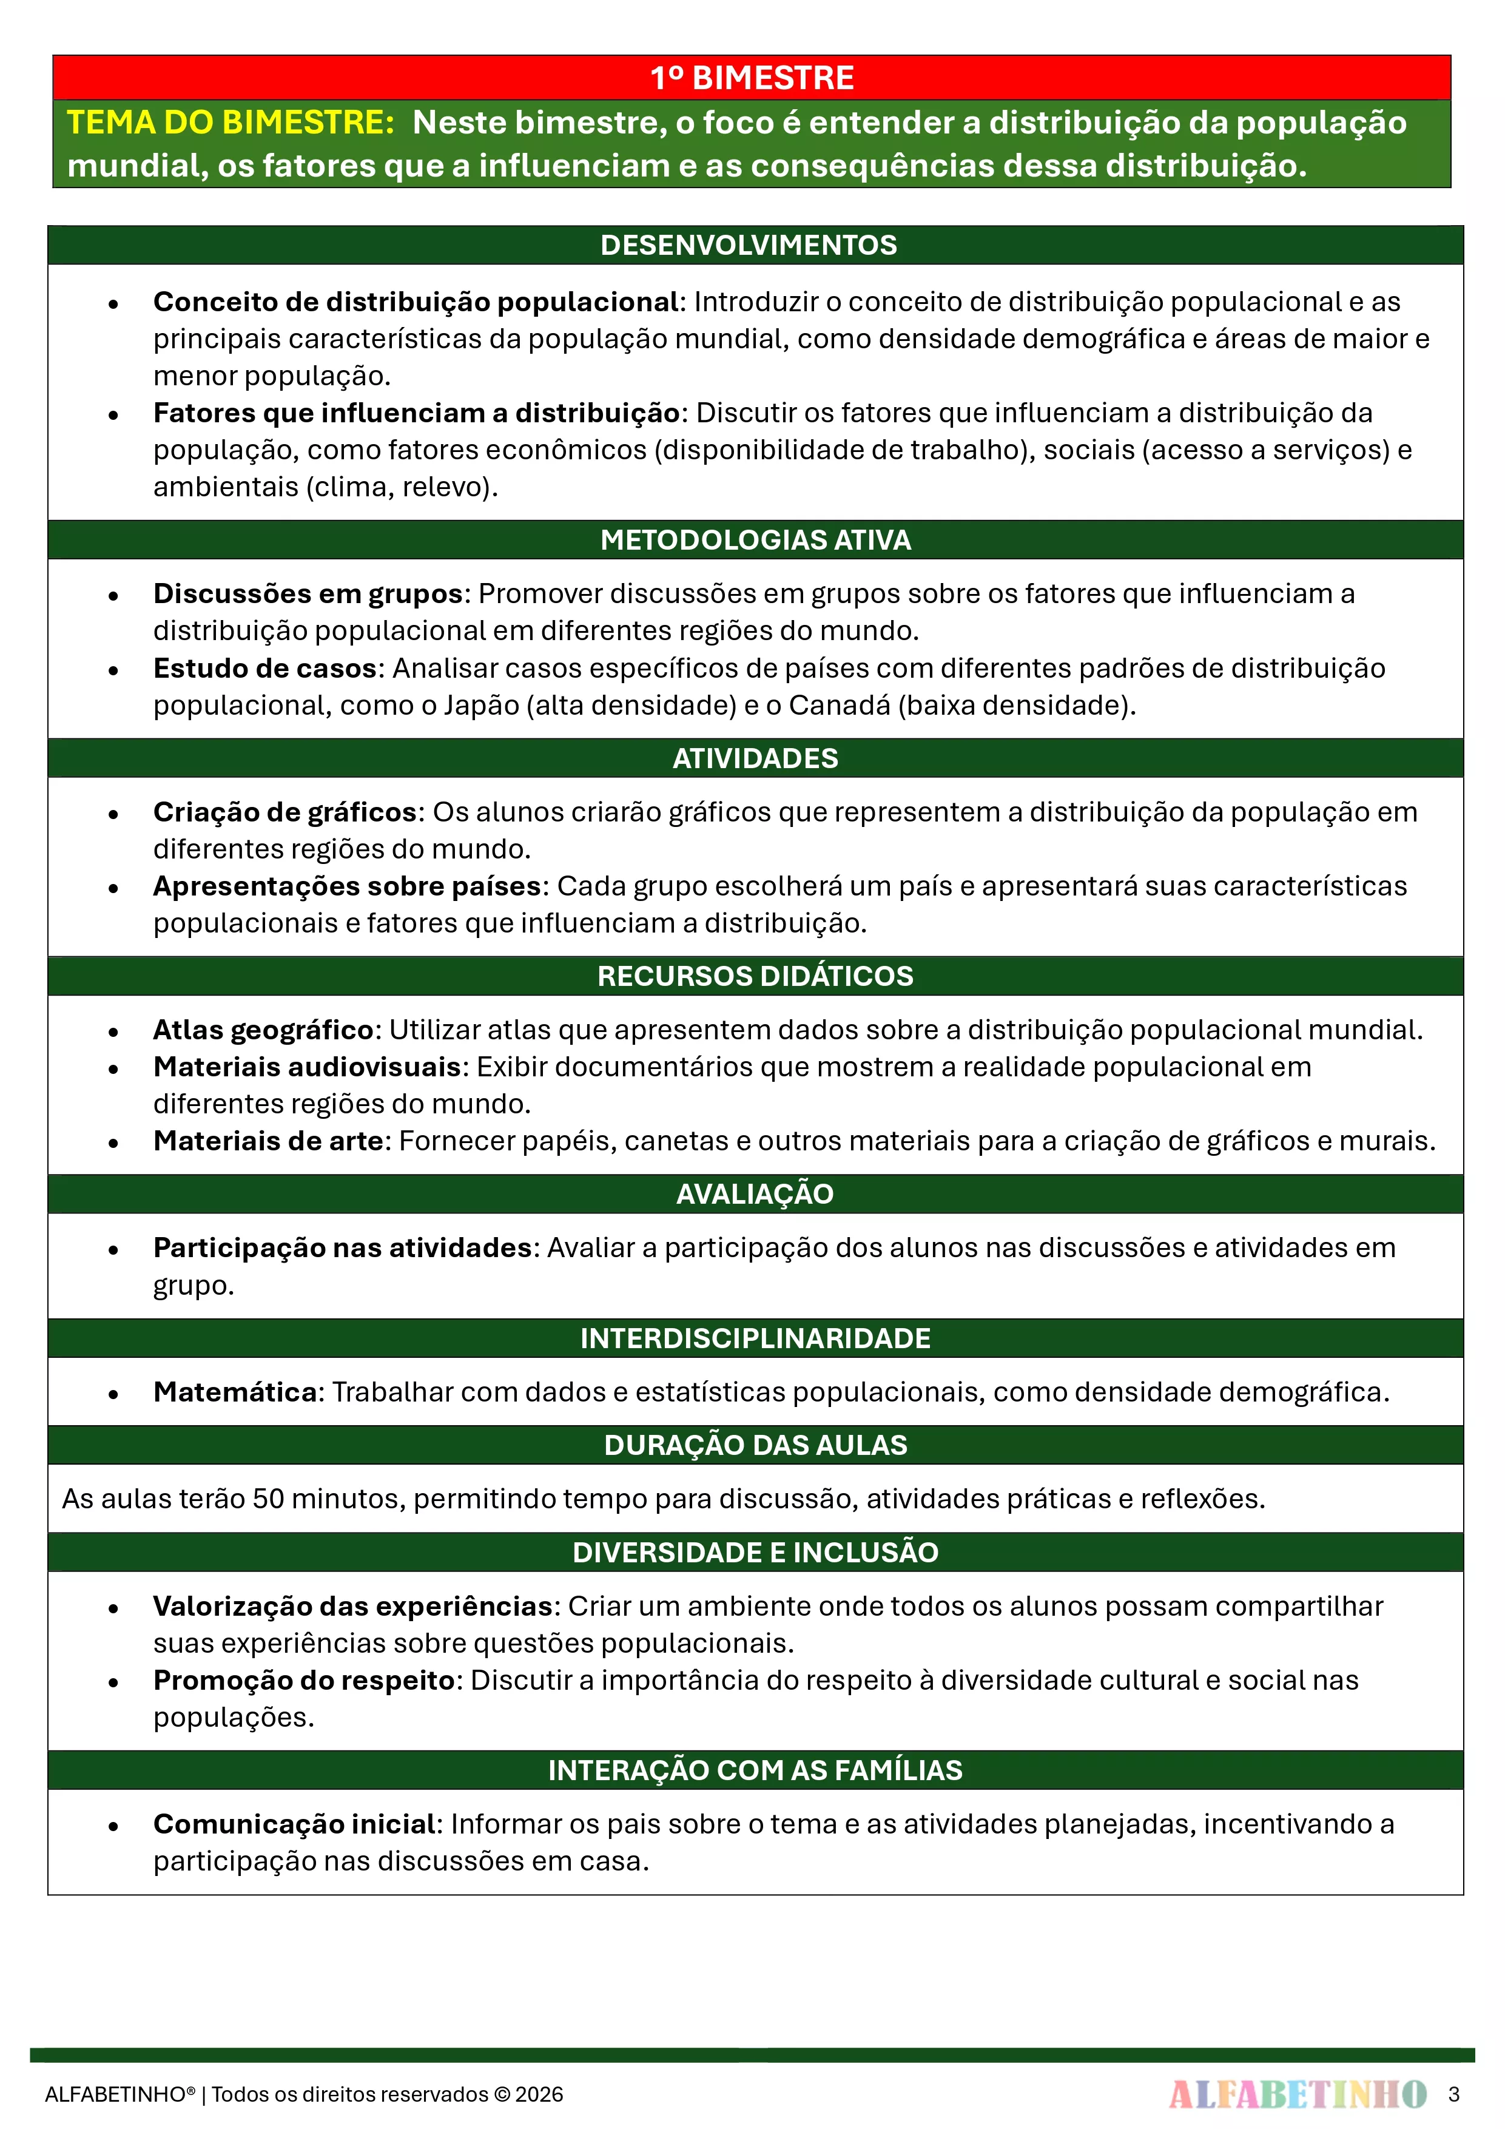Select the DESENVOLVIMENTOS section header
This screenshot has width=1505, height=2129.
(749, 245)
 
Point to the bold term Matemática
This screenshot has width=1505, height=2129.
(235, 1392)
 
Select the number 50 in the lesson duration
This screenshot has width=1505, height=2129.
(268, 1499)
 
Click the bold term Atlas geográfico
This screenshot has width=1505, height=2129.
(263, 1030)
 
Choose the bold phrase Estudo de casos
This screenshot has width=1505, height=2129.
(264, 669)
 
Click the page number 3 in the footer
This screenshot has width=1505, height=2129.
(1453, 2094)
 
